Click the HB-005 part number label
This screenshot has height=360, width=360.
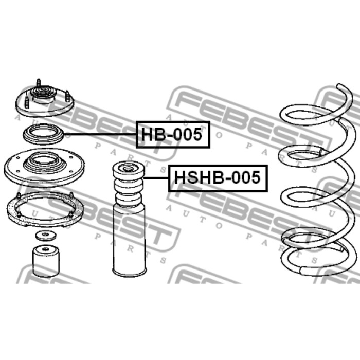click(x=173, y=135)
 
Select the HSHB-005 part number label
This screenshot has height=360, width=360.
click(x=218, y=178)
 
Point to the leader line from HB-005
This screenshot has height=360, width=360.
click(x=100, y=134)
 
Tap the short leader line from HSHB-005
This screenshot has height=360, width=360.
click(x=156, y=178)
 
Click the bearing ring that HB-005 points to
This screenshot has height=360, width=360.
click(x=43, y=134)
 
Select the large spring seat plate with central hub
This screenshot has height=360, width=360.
click(x=44, y=167)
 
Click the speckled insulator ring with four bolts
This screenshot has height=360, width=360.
click(x=45, y=209)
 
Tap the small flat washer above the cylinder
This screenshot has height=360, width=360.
click(x=46, y=236)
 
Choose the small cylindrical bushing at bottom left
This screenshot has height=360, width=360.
click(x=46, y=261)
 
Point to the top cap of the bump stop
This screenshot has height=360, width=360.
click(x=129, y=170)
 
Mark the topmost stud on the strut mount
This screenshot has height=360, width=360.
click(x=39, y=83)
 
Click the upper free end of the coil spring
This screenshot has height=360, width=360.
click(x=340, y=86)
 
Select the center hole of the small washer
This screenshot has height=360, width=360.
click(x=46, y=235)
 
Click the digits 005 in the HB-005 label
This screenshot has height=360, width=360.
click(x=187, y=135)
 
